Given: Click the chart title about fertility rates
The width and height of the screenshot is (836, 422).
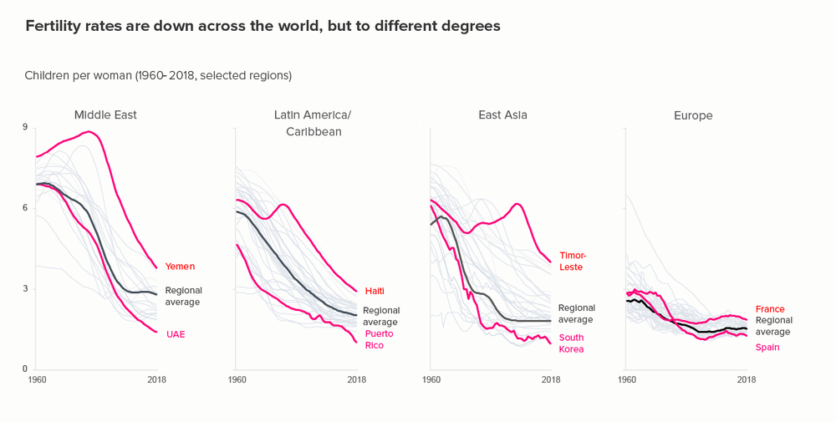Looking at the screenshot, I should click(x=263, y=26).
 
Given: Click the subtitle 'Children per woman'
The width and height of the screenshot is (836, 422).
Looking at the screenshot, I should click(x=158, y=75).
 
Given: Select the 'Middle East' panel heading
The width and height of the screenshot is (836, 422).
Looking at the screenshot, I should click(x=105, y=114).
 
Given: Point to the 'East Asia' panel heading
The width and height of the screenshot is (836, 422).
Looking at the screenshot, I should click(x=502, y=114).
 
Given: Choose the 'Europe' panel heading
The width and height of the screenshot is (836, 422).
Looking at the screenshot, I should click(x=693, y=115).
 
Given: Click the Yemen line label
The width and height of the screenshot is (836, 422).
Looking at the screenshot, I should click(x=180, y=267).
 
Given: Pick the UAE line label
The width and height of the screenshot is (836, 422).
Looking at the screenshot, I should click(x=175, y=334).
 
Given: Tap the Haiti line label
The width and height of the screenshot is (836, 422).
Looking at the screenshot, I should click(x=375, y=291).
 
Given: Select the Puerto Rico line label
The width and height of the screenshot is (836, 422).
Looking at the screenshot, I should click(x=379, y=339).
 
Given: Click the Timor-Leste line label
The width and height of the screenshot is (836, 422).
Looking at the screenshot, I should click(x=573, y=261).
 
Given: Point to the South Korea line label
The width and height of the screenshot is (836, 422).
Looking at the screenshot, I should click(x=571, y=343).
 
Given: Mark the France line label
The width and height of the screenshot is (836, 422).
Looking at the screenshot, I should click(x=770, y=309).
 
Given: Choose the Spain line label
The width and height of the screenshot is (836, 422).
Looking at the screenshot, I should click(x=767, y=347).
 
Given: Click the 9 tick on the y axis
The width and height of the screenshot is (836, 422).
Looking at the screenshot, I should click(x=25, y=127).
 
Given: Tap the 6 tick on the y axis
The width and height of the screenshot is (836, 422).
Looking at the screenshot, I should click(x=25, y=208).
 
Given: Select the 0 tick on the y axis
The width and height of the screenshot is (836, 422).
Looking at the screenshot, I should click(x=25, y=369).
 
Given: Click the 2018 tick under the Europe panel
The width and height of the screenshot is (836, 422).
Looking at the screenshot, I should click(x=747, y=380).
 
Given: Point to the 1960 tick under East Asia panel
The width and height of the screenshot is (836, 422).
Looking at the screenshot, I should click(x=431, y=380).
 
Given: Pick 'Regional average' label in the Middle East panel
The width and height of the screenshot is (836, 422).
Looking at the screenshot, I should click(x=184, y=296).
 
